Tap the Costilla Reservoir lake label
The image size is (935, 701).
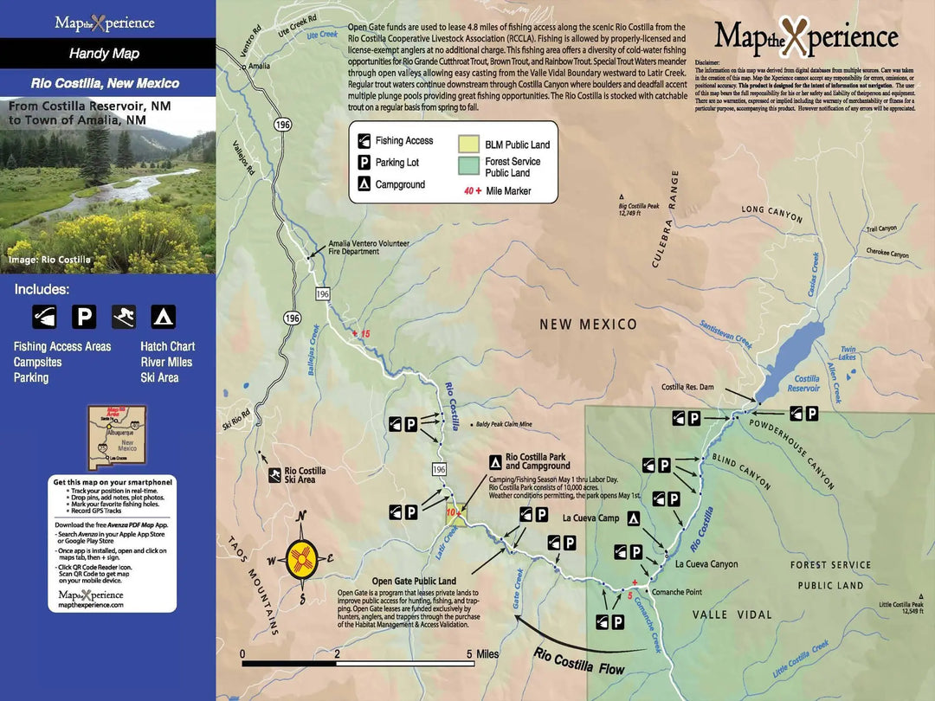click(x=805, y=383)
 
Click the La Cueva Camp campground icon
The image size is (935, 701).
click(x=634, y=518)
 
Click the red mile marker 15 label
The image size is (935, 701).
click(x=361, y=333)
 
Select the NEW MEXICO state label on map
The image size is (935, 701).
click(x=588, y=325)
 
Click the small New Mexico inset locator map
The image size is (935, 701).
click(x=114, y=438)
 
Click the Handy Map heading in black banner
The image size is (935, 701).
click(x=104, y=54)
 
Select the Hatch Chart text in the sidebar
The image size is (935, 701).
click(x=167, y=346)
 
